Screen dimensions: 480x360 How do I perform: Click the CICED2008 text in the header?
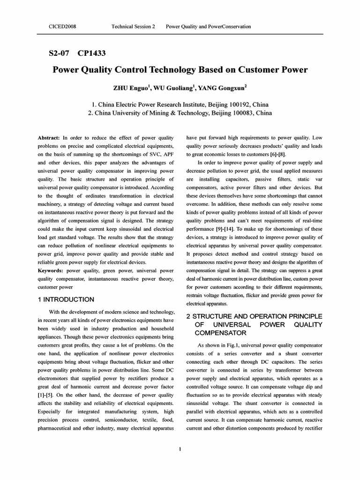62,27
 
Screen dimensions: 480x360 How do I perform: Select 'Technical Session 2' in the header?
133,27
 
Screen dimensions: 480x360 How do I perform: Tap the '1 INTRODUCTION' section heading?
66,300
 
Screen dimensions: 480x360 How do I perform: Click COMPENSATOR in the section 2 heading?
220,333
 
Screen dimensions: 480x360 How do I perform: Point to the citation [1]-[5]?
45,395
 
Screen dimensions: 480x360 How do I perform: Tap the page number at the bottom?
180,449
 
